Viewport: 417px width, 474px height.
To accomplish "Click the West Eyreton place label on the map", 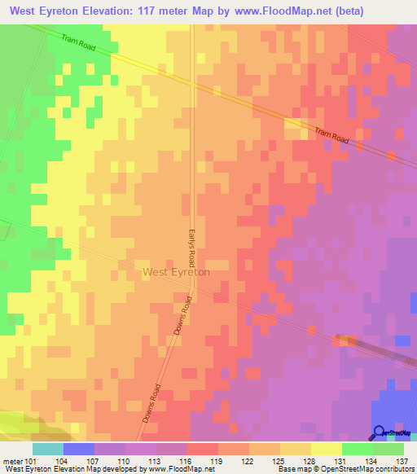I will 176,272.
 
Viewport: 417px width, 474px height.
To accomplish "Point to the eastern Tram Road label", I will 332,136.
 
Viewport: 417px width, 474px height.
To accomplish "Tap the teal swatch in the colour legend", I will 47,448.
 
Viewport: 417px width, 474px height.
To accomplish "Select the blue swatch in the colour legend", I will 78,448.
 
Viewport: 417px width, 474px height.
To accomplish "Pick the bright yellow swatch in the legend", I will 326,448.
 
